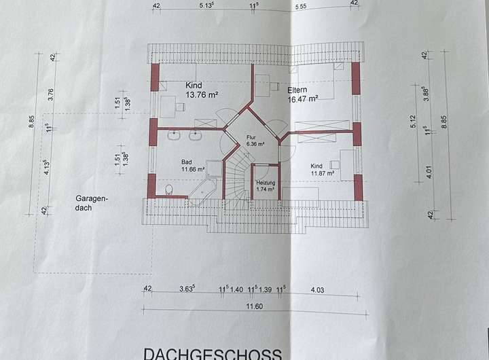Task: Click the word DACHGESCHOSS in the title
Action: pyautogui.click(x=212, y=353)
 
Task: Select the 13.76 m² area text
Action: pyautogui.click(x=202, y=96)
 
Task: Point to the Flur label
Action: pyautogui.click(x=252, y=137)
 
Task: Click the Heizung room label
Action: pyautogui.click(x=265, y=183)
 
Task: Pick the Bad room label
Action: pyautogui.click(x=186, y=162)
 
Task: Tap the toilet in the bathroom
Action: pyautogui.click(x=168, y=189)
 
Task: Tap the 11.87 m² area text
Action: pyautogui.click(x=323, y=173)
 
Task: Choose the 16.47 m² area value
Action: pyautogui.click(x=303, y=98)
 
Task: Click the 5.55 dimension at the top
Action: pyautogui.click(x=302, y=6)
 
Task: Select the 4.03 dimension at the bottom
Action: pyautogui.click(x=318, y=289)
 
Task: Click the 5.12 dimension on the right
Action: pyautogui.click(x=412, y=122)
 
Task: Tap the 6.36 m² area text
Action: pyautogui.click(x=255, y=144)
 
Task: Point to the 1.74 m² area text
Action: pyautogui.click(x=265, y=190)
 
